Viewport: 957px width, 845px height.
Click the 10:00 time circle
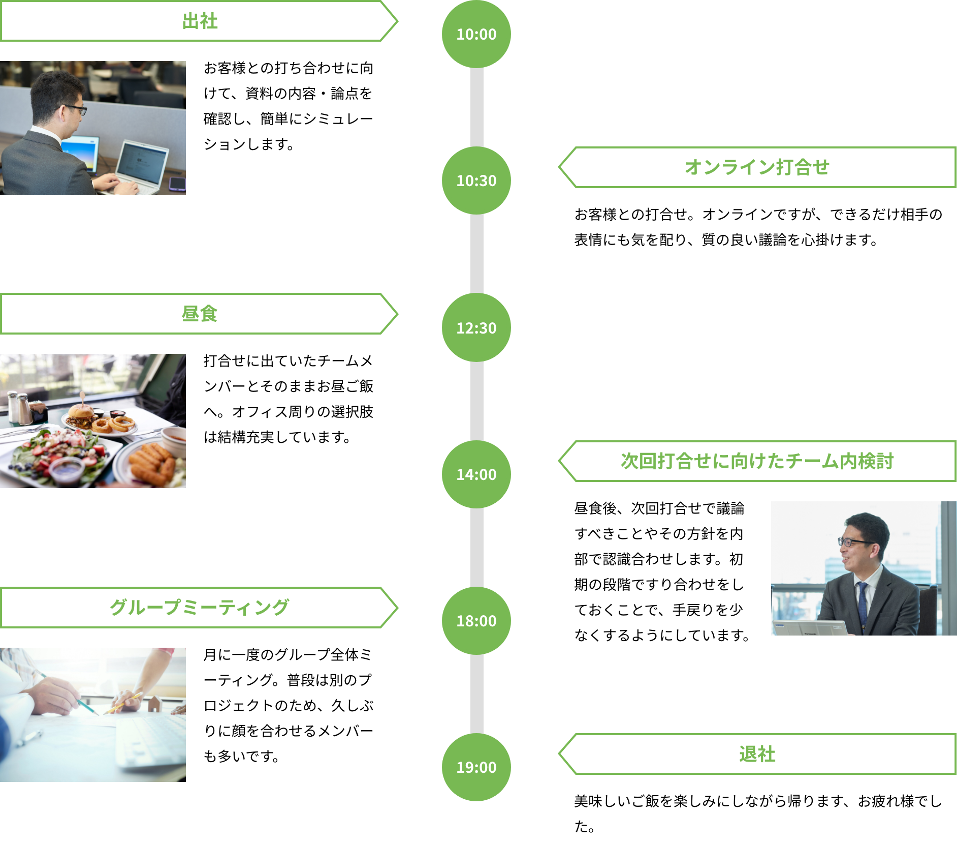pos(476,34)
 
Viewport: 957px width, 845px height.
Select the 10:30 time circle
pos(476,180)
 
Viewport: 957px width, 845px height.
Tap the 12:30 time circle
pos(476,327)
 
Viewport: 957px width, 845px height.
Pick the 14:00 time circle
pos(476,474)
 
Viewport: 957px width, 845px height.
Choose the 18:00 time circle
pos(476,621)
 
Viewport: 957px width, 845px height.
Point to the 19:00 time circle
pos(476,767)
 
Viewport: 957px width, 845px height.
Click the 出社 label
pos(199,21)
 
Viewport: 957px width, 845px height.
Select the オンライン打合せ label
pos(757,167)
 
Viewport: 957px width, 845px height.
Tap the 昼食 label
pos(199,314)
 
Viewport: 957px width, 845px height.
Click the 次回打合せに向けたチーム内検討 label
pos(757,461)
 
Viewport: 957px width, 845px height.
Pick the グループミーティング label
pos(199,608)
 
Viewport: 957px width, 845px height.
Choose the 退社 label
pos(757,754)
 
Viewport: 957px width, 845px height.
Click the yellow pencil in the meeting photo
pos(123,704)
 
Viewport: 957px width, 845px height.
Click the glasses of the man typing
pos(76,108)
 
